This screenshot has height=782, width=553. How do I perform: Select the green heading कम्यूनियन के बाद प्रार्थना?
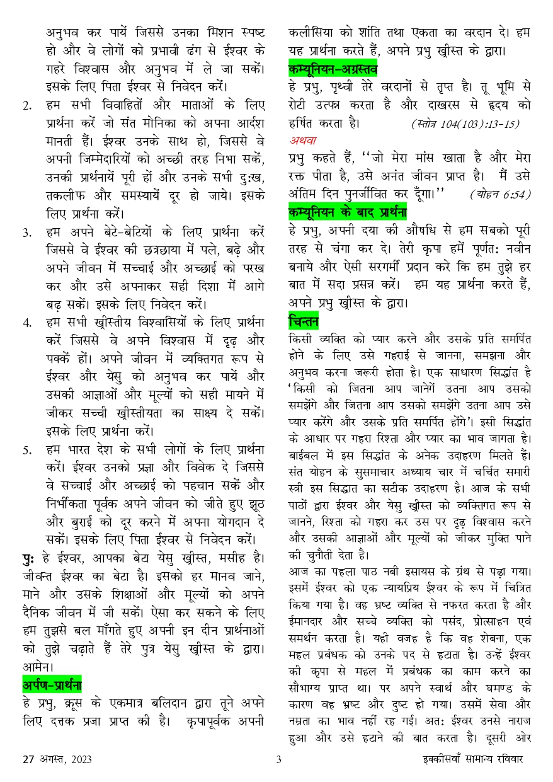[347, 210]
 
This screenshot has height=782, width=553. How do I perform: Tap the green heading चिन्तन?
[304, 321]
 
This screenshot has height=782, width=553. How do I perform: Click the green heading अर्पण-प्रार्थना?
[52, 667]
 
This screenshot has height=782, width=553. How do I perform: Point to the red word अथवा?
[303, 140]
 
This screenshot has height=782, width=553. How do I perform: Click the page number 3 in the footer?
[278, 759]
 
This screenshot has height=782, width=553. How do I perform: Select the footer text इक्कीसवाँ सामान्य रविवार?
[469, 759]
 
